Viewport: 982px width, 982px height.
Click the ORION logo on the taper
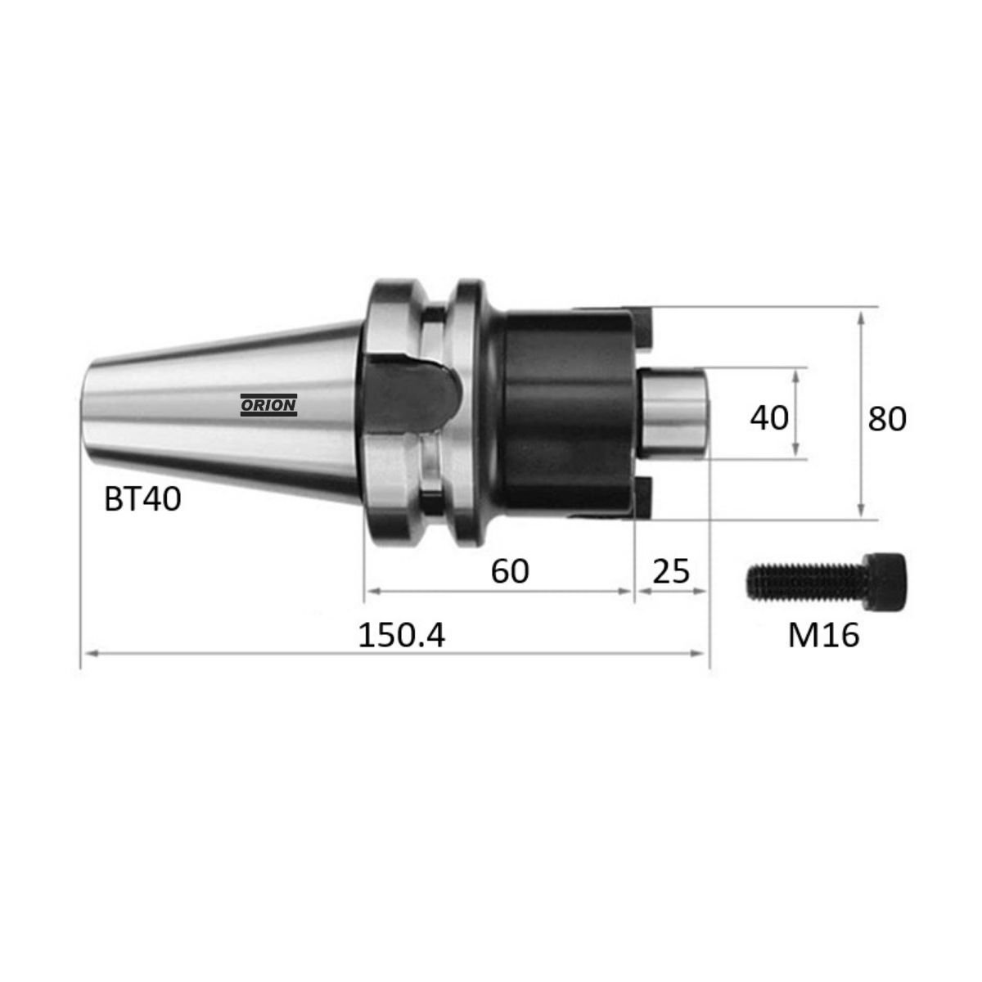tap(268, 405)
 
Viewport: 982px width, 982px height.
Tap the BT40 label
tap(142, 499)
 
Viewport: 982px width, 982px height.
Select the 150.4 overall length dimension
tap(402, 636)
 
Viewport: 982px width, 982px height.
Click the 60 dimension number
tap(510, 571)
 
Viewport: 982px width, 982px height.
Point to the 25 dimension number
tap(671, 571)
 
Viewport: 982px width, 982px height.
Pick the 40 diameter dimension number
tap(769, 417)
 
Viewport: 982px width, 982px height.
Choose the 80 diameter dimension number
tap(887, 419)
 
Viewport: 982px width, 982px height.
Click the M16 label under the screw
tap(823, 636)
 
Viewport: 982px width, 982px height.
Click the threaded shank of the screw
tap(807, 581)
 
